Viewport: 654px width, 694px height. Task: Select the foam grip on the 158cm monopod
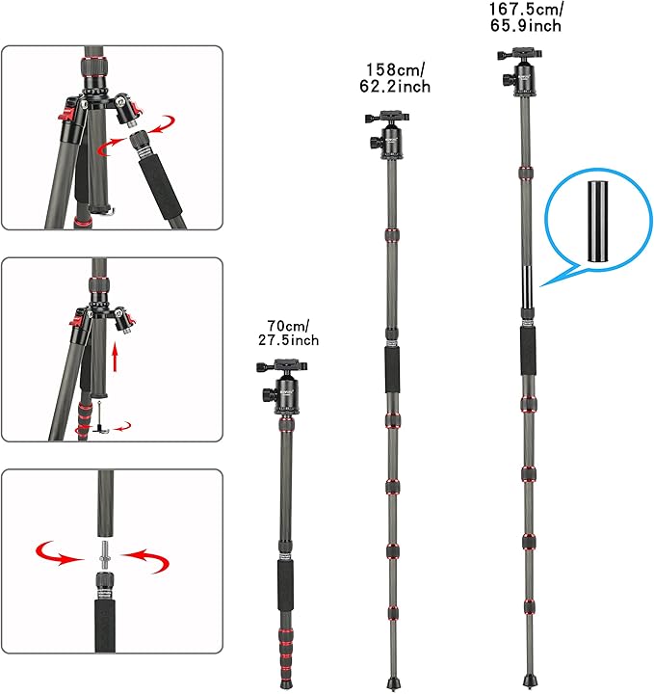[393, 368]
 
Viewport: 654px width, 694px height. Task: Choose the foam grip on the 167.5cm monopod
[529, 350]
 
